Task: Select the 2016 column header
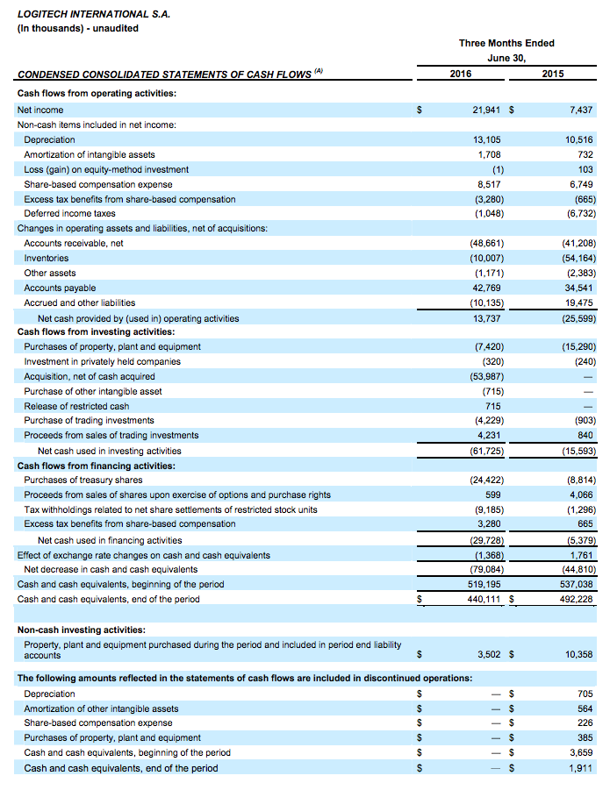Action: coord(461,74)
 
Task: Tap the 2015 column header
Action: coord(553,74)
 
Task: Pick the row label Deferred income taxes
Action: coord(69,213)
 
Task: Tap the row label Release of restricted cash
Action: coord(76,406)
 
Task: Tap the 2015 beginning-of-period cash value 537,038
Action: coord(575,584)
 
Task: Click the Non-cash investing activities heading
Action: coord(82,629)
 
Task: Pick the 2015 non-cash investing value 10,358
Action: coord(577,654)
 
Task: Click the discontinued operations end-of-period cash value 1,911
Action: coord(580,768)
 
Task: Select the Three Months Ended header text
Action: coord(506,43)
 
